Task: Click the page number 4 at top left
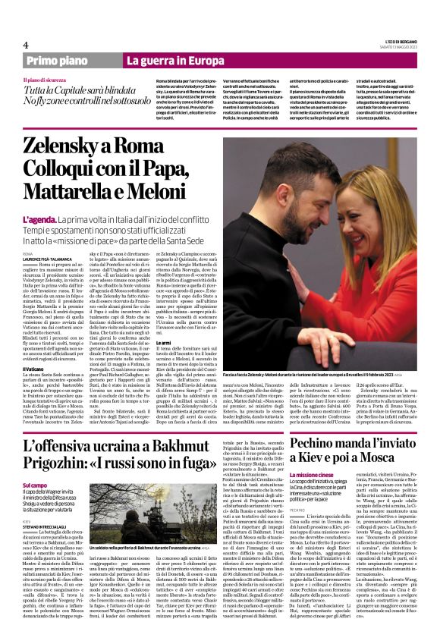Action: pos(26,45)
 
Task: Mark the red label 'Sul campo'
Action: pos(35,485)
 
